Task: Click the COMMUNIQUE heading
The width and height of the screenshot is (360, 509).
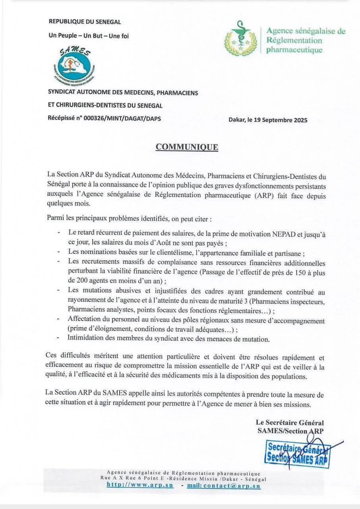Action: click(186, 147)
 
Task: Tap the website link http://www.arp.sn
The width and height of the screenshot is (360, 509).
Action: click(140, 486)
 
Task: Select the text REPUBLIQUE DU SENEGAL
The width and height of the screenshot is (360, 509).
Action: click(84, 22)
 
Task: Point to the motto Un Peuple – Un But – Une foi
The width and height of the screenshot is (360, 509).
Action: click(89, 35)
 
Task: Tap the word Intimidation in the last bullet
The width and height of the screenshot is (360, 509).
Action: click(86, 338)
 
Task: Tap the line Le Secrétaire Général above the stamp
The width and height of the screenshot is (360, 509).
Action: click(290, 423)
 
